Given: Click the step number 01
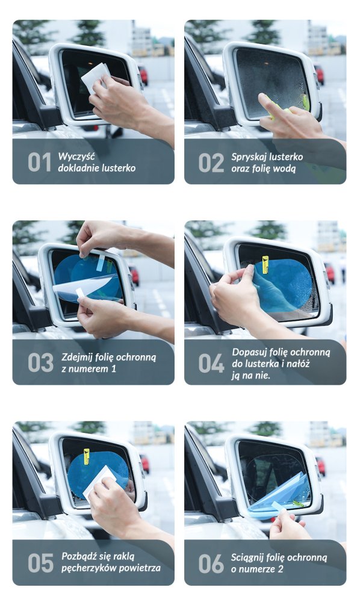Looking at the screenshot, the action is (x=39, y=162).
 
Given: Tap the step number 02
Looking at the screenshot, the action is (x=211, y=162).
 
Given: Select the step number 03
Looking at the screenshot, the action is (x=40, y=363).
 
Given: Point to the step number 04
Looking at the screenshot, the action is (x=211, y=363).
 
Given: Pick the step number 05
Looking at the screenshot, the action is (x=40, y=563).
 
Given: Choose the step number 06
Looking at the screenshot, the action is (x=211, y=563).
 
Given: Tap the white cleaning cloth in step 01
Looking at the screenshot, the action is (x=95, y=77).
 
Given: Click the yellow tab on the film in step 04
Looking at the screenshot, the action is (x=265, y=265).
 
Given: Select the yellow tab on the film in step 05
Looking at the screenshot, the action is (x=86, y=456).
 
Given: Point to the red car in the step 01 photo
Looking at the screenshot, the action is (x=143, y=75).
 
